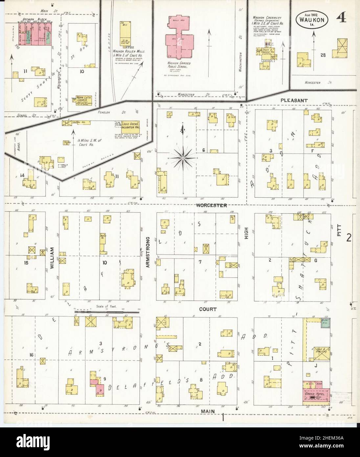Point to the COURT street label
[x=208, y=309]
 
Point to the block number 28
[x=323, y=55]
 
